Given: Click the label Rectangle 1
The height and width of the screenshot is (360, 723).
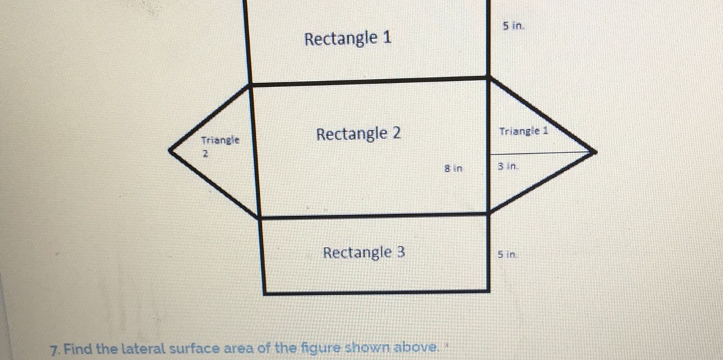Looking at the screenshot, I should tap(347, 39).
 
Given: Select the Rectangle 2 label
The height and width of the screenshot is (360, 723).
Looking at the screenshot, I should tap(359, 134).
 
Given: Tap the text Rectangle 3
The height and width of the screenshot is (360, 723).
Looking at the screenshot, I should tap(364, 253).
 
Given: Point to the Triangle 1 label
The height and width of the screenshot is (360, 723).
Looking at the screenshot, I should tap(524, 131).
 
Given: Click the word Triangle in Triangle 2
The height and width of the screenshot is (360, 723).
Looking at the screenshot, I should tap(220, 141).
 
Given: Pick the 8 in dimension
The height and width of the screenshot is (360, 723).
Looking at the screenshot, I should tap(453, 168).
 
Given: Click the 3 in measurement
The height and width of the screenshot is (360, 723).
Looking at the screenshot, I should tap(507, 165).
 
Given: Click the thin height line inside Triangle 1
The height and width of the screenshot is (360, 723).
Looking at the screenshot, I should tap(542, 153).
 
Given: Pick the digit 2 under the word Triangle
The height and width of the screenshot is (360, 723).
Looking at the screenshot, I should tap(206, 154).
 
